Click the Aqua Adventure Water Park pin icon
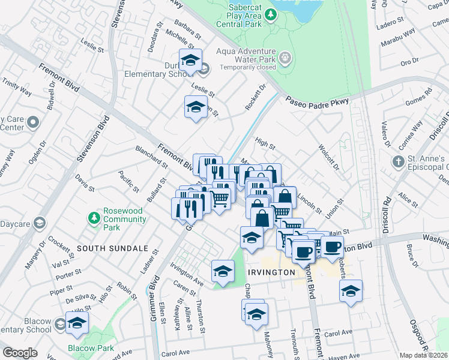coord(286,58)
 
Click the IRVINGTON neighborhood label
coord(271,272)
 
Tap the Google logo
coord(20,353)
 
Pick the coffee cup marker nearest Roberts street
coord(332,246)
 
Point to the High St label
coord(265,144)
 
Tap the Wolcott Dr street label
coord(329,156)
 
